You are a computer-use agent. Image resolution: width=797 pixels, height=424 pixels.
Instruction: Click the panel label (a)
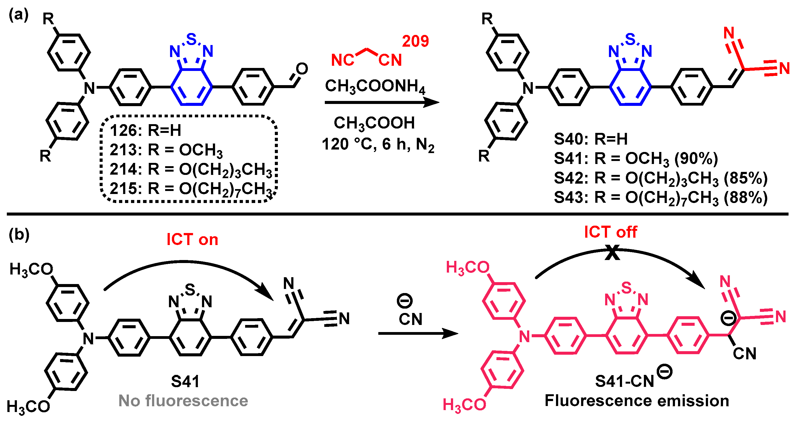tap(19, 14)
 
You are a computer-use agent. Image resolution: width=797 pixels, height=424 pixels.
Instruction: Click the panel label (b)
tap(19, 234)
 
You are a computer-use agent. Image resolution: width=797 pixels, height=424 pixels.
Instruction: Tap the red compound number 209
tap(415, 41)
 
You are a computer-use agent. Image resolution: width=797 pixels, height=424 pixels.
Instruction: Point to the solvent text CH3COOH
tap(374, 123)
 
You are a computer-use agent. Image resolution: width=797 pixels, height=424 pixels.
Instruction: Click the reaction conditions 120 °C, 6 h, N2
tap(378, 144)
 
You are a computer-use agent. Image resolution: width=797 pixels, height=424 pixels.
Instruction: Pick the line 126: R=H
tap(145, 130)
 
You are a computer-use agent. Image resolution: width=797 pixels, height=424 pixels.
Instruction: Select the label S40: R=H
tap(590, 139)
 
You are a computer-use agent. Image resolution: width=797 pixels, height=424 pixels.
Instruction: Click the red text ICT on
tap(192, 239)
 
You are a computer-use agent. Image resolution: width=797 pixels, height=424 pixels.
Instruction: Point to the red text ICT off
tap(610, 232)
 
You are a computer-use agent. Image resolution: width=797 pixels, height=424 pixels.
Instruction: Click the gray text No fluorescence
tap(183, 401)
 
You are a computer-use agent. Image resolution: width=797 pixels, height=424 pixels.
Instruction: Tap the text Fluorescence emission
tap(637, 401)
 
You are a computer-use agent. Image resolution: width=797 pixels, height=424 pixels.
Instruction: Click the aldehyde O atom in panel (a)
tap(302, 69)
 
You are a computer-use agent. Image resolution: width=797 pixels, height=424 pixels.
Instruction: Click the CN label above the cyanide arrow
tap(410, 319)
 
